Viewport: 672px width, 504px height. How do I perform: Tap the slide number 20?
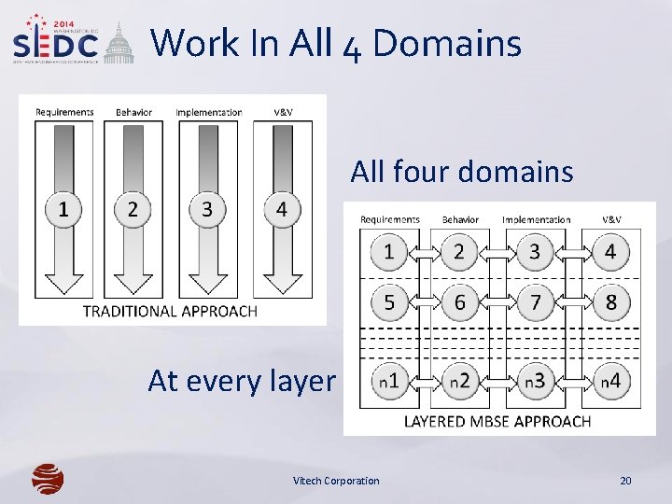tap(625, 481)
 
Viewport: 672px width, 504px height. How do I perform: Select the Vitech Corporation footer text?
tap(336, 481)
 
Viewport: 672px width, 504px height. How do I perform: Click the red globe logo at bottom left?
tap(48, 479)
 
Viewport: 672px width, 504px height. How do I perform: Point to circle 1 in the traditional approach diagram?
tap(63, 209)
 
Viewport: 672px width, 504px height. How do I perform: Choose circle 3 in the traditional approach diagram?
tap(207, 209)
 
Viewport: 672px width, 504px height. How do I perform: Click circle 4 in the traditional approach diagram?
tap(282, 209)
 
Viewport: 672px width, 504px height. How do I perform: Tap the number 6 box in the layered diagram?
tap(459, 301)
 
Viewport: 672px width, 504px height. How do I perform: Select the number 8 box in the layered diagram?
tap(611, 301)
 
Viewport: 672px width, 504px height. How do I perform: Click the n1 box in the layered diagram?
tap(388, 380)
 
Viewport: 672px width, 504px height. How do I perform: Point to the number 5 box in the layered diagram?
tap(388, 301)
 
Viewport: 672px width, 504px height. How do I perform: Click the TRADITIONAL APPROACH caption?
tap(170, 311)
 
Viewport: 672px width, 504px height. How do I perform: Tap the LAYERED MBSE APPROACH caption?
tap(497, 421)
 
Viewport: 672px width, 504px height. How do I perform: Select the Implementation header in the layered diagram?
tap(536, 219)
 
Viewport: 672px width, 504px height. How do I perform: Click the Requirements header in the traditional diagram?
tap(64, 112)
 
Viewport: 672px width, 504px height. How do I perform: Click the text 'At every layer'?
tap(241, 381)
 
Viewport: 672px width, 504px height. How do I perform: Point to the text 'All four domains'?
tap(461, 172)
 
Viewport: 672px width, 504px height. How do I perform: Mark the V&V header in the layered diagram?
tap(611, 219)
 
